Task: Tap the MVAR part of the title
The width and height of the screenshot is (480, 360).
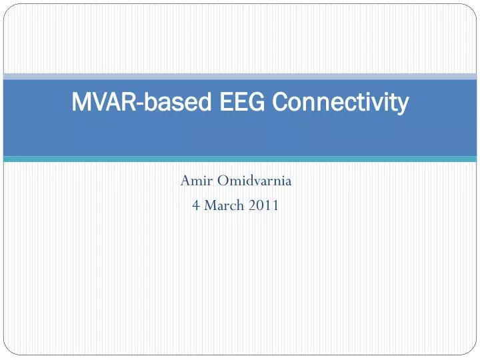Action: point(95,103)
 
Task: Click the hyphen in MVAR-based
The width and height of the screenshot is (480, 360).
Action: point(125,104)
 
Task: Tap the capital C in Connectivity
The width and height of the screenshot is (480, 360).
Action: point(281,103)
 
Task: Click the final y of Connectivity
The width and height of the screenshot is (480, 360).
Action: point(402,105)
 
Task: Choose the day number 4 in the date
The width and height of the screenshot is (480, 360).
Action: point(195,205)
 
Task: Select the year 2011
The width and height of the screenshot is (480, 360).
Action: point(264,205)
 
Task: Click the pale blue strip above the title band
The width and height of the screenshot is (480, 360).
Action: point(240,77)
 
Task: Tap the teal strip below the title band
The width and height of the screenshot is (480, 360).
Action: point(240,159)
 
